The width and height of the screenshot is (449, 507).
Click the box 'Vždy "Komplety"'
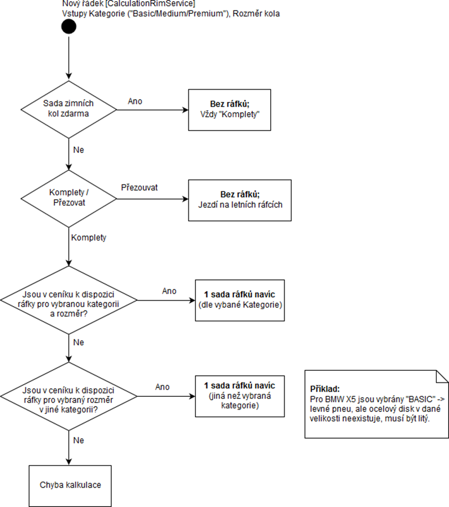(x=230, y=110)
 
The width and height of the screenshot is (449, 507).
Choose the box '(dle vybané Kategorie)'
(x=239, y=300)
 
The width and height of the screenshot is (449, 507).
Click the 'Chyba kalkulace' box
(x=70, y=485)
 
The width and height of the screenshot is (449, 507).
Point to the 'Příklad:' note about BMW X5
(x=376, y=403)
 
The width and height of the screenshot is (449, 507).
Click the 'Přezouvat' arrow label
(x=140, y=188)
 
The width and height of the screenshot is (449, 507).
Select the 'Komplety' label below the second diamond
(x=89, y=237)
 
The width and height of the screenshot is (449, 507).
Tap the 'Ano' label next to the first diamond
(x=135, y=101)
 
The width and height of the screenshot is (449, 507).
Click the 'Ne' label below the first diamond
(x=78, y=150)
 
